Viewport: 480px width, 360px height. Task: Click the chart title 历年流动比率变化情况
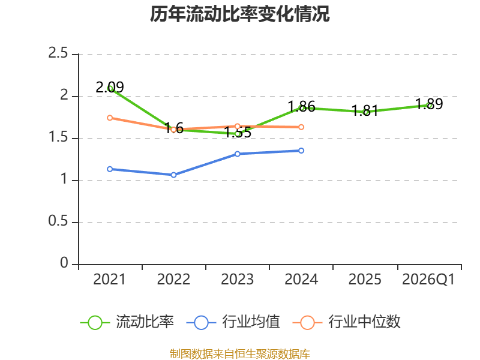point(239,14)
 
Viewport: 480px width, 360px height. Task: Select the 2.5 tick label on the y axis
point(58,53)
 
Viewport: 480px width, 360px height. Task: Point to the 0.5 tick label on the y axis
point(58,221)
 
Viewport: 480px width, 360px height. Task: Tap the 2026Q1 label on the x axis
point(428,280)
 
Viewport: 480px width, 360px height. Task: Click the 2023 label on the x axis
point(237,280)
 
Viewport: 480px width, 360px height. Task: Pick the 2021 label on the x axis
point(109,280)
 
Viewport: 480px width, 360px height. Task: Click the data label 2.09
point(110,87)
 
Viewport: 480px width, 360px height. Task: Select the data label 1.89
point(429,104)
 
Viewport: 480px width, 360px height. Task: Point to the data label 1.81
point(365,110)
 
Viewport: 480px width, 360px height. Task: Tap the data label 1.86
point(302,107)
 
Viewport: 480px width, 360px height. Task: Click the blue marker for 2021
point(110,169)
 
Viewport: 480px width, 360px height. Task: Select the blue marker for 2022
point(173,175)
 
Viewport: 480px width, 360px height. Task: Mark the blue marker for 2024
point(301,151)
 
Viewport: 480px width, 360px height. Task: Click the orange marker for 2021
point(110,118)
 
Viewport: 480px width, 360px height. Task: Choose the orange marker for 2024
point(301,127)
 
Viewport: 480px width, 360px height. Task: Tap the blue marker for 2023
point(237,154)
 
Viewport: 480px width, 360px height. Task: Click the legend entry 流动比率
point(127,322)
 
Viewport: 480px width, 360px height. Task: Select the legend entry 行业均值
point(233,322)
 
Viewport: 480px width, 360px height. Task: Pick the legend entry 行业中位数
point(347,322)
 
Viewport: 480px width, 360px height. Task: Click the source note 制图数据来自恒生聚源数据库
point(239,354)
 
